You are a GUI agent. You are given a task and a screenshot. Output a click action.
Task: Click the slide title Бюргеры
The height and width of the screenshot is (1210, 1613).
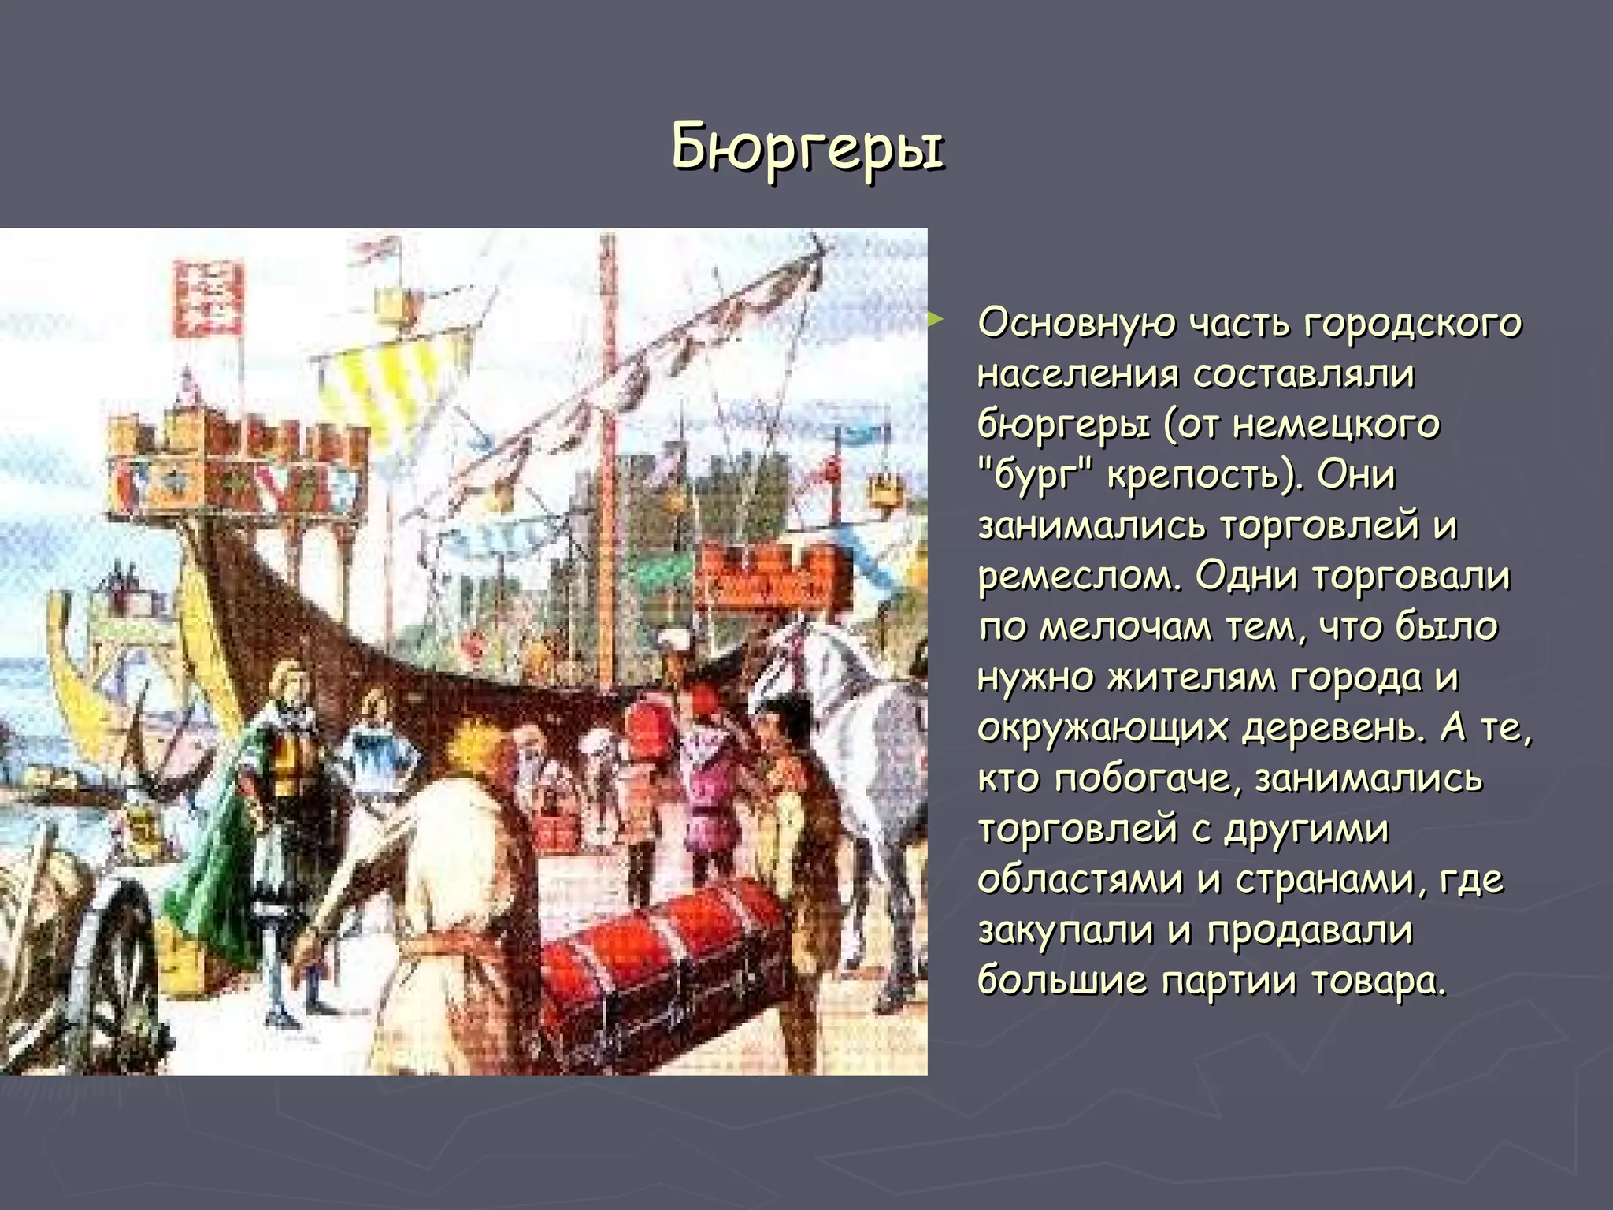pos(806,147)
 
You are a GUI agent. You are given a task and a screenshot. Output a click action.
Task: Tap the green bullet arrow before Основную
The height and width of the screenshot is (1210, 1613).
pos(935,319)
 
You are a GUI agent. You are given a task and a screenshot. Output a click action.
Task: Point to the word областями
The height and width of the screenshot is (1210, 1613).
pos(1079,880)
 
